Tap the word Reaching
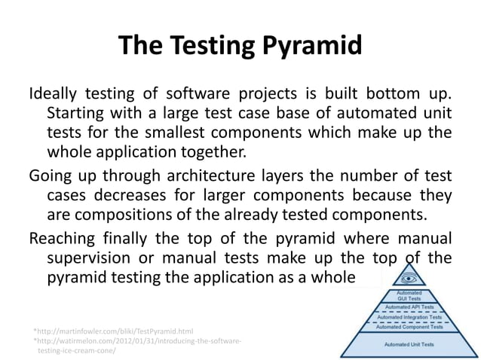[63, 239]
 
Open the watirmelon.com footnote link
[139, 341]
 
